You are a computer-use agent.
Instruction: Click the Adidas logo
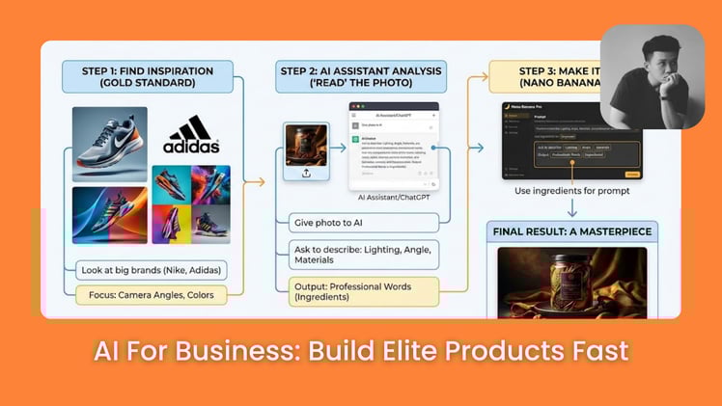193,134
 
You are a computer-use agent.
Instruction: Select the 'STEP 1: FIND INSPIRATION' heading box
149,76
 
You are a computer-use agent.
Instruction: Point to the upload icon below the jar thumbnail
306,173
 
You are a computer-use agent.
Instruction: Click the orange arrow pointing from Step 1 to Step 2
254,180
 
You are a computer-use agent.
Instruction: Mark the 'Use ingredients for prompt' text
572,190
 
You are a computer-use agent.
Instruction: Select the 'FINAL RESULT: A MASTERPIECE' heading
572,231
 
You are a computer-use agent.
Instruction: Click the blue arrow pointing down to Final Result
572,208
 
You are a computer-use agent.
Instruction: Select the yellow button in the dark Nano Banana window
632,175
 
